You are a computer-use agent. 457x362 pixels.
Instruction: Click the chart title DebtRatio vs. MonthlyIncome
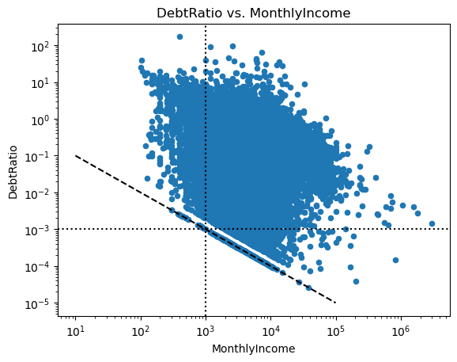[x=254, y=13]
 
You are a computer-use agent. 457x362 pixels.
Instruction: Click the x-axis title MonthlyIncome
[x=254, y=349]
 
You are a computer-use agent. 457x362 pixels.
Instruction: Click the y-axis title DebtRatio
[x=13, y=172]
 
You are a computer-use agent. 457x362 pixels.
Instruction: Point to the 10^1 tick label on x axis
[x=75, y=331]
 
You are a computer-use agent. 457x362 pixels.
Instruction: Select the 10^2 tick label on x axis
[x=141, y=331]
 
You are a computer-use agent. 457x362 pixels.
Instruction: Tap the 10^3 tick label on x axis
[x=206, y=331]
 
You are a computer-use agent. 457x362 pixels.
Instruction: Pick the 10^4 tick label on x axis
[x=271, y=331]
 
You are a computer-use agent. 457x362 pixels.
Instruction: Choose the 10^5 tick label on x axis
[x=336, y=331]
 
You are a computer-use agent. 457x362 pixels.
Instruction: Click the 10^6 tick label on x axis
[x=401, y=331]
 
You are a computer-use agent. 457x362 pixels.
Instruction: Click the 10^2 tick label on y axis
[x=40, y=46]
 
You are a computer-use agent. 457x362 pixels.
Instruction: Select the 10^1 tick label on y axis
[x=40, y=83]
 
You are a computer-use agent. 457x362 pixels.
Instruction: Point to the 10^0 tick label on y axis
[x=40, y=120]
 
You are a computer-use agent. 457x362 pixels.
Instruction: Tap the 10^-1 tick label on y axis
[x=37, y=157]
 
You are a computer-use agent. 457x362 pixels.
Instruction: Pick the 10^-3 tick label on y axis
[x=37, y=230]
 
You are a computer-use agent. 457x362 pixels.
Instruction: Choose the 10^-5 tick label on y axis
[x=37, y=303]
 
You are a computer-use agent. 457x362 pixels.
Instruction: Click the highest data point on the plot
[x=179, y=36]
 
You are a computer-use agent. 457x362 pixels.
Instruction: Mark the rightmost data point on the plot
[x=432, y=224]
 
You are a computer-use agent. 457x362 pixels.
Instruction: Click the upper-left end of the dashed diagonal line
[x=75, y=155]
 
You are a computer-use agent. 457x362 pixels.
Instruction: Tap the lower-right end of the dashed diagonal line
[x=336, y=303]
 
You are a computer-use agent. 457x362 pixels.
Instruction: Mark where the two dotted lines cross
[x=206, y=229]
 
